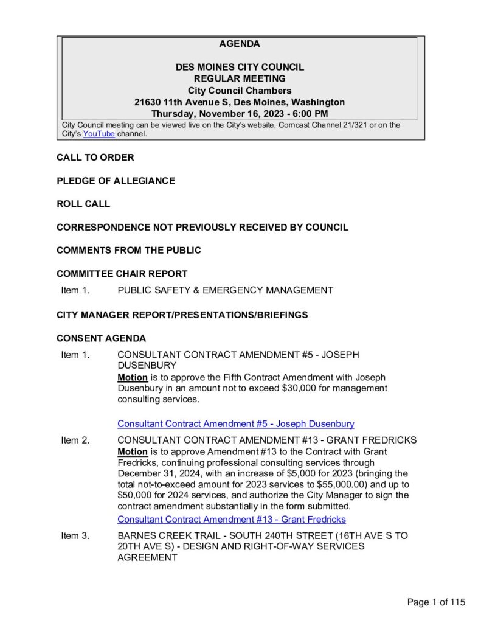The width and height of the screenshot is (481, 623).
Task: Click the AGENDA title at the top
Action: [x=240, y=44]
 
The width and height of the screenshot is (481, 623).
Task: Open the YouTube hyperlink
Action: [x=99, y=134]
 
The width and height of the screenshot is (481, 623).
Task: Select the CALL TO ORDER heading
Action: [x=95, y=158]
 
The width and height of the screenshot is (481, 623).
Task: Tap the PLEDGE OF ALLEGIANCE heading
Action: [x=116, y=181]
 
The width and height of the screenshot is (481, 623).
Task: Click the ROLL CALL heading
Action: [x=83, y=204]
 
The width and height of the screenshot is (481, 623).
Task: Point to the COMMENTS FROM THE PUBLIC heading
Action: [x=129, y=250]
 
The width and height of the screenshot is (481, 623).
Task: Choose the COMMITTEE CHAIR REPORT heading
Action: [x=122, y=274]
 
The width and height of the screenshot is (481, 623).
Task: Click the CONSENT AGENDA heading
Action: [x=101, y=338]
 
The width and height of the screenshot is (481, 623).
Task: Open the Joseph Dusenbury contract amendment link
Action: [x=235, y=423]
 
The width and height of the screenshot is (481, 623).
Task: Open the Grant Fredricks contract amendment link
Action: [x=231, y=519]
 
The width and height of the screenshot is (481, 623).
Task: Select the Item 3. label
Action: [x=75, y=535]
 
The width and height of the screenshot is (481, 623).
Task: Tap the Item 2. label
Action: [x=75, y=440]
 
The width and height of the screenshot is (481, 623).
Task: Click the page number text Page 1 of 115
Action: [x=436, y=602]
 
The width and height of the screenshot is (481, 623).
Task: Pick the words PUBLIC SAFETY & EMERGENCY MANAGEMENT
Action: [x=225, y=290]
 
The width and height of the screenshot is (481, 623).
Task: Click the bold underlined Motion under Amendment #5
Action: [x=132, y=377]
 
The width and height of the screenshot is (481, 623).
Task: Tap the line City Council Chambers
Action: [x=240, y=91]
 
